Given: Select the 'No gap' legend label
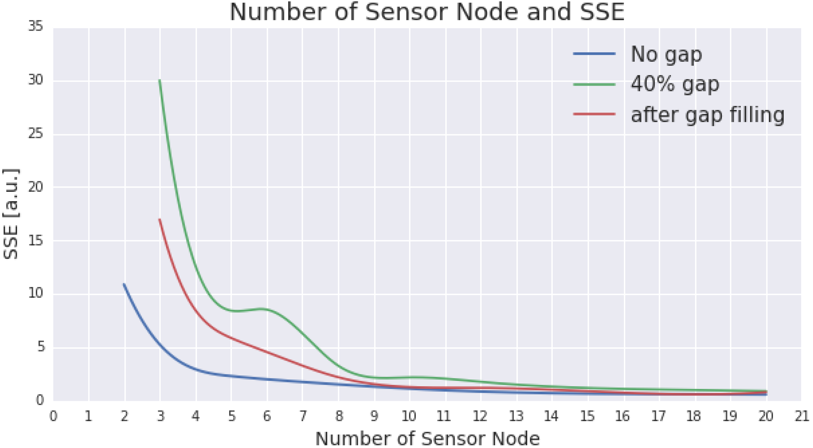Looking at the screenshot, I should coord(666,54).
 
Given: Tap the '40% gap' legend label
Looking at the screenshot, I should coord(675,84).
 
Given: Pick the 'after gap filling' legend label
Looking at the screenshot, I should coord(707,115).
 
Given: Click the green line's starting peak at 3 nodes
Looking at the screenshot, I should coord(160,81).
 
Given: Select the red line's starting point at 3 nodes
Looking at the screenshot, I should coord(160,219).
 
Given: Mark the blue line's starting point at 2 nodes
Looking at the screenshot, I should coord(124,284).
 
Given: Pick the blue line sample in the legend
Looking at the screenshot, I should coord(594,54).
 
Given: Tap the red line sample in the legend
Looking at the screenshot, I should coord(594,114).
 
